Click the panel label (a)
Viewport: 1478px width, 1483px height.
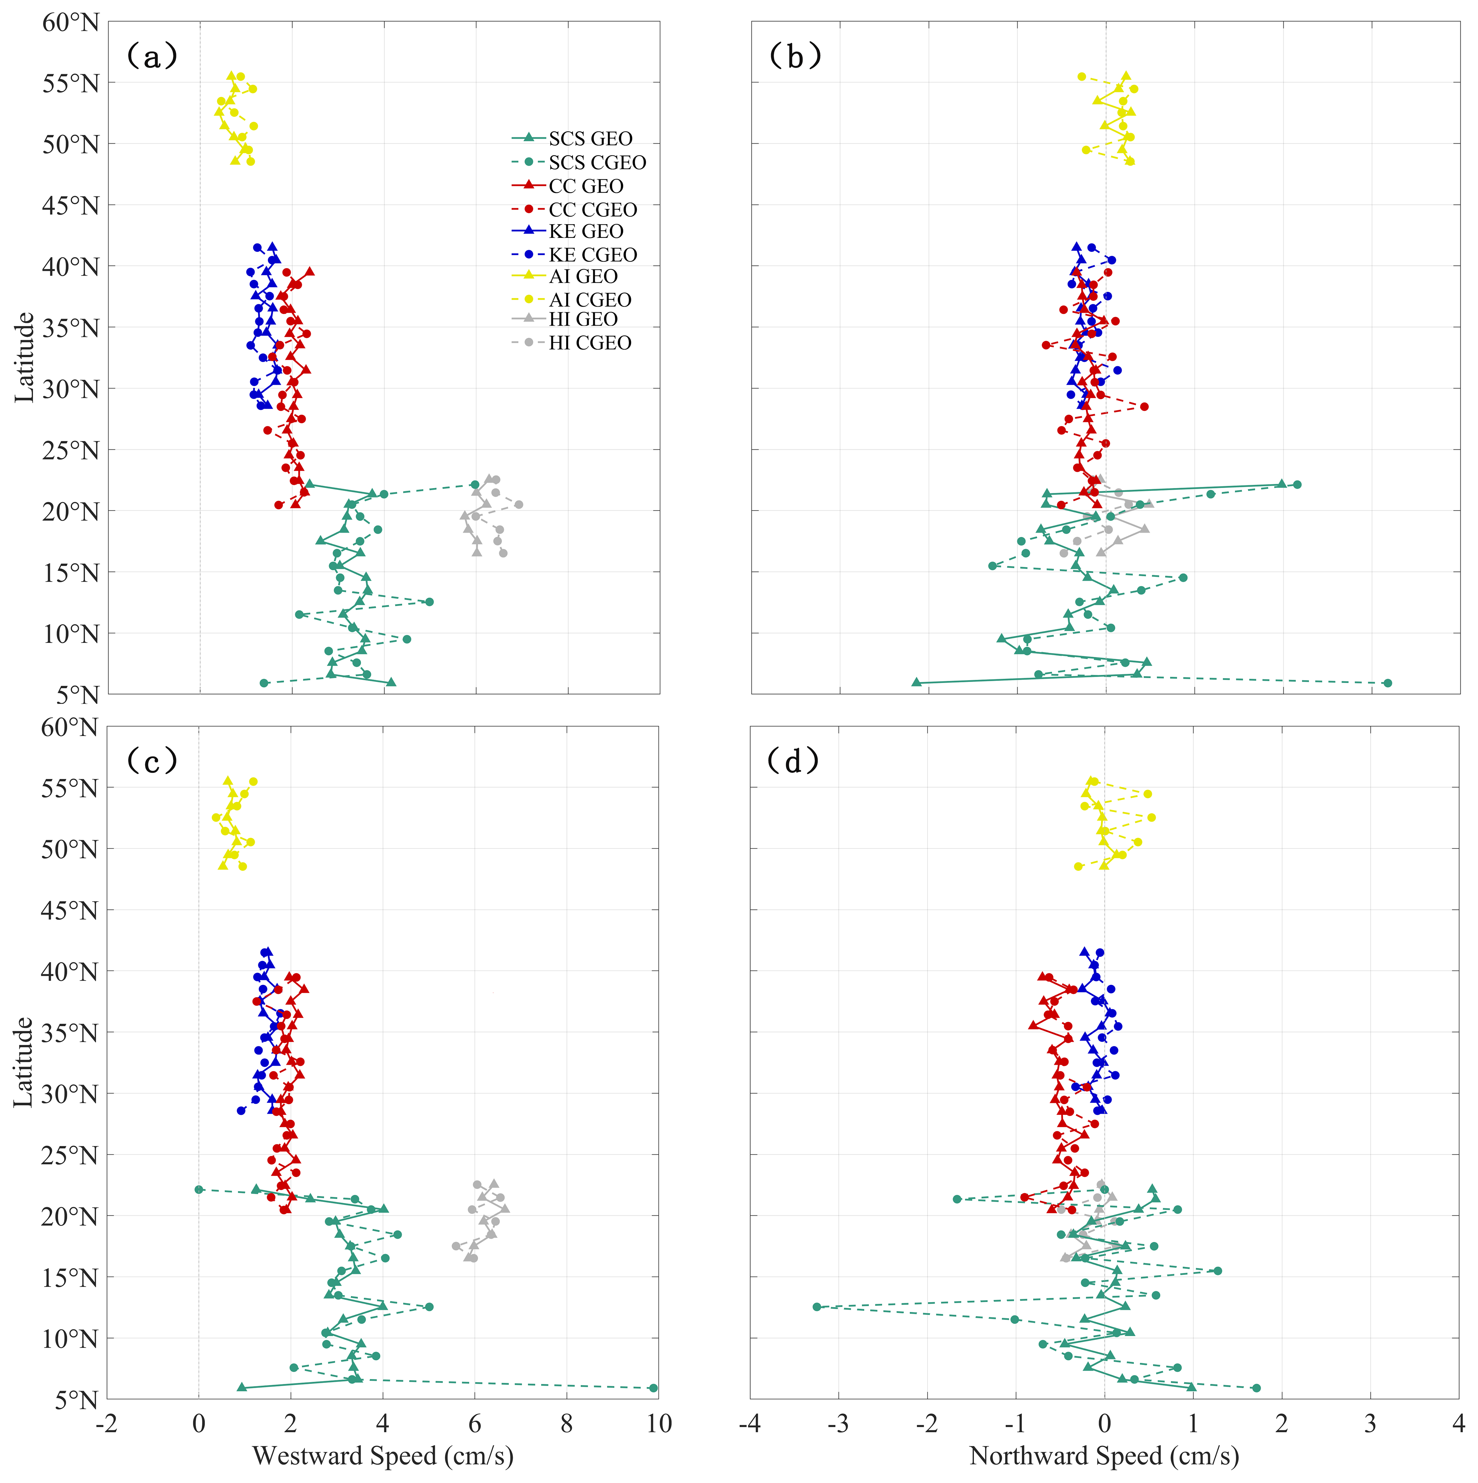pyautogui.click(x=152, y=56)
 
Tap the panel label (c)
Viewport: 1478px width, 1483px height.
pyautogui.click(x=152, y=761)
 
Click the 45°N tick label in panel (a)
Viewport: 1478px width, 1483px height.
pyautogui.click(x=71, y=205)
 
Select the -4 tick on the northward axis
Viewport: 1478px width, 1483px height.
pyautogui.click(x=749, y=1423)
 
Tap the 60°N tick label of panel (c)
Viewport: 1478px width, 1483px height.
pyautogui.click(x=71, y=727)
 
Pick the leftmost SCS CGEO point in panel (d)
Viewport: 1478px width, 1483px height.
pyautogui.click(x=817, y=1306)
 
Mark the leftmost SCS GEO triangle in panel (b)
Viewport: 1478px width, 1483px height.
pyautogui.click(x=916, y=682)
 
